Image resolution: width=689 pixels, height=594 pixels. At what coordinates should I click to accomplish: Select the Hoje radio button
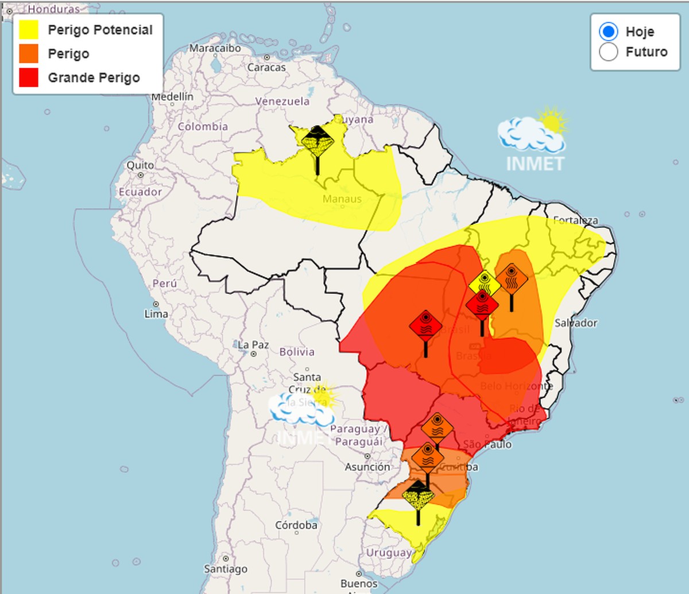coord(609,32)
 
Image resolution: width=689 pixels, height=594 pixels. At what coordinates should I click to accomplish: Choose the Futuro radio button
coord(609,52)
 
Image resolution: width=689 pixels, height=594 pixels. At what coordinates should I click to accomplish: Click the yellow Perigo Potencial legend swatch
coord(29,30)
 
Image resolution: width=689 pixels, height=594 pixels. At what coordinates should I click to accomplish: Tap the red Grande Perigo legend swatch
coord(29,77)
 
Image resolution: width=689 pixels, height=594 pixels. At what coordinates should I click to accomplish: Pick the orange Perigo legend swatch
coord(29,54)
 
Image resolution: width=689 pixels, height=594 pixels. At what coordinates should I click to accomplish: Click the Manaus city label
coord(342,199)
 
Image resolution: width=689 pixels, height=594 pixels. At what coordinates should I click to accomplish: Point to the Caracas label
coord(266,67)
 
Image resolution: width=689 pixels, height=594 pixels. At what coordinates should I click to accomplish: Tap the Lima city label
coord(156,314)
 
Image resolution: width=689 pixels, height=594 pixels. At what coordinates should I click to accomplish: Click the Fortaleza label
coord(575,220)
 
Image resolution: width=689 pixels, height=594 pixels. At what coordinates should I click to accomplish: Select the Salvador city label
coord(576,323)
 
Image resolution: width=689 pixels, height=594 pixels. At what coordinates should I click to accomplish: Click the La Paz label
coord(253,345)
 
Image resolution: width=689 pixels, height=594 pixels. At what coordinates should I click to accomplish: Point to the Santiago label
coord(226,569)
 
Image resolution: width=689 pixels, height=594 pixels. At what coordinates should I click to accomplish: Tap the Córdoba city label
coord(296,525)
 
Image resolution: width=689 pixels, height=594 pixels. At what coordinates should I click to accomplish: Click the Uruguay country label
coord(389,553)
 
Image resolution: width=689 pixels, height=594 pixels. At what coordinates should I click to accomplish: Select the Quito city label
coord(140,165)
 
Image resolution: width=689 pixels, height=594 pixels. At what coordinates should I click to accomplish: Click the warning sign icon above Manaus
coord(317,141)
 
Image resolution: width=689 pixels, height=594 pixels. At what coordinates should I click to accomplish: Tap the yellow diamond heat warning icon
coord(485,284)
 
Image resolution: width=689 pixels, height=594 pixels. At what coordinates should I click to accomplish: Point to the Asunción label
coord(367,467)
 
